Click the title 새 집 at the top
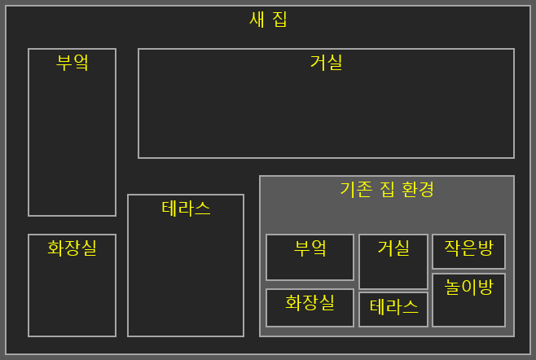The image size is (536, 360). (x=268, y=20)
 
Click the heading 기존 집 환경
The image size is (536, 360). (x=387, y=190)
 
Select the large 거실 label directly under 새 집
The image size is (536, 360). (x=326, y=63)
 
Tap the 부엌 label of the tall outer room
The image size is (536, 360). (x=72, y=63)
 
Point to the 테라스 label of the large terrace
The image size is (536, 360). (x=186, y=209)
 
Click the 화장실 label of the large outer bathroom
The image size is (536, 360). (x=72, y=248)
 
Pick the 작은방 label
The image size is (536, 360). (x=468, y=248)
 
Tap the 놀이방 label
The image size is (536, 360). (x=468, y=287)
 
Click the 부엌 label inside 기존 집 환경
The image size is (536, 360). (x=310, y=248)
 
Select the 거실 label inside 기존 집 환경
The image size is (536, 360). (x=393, y=248)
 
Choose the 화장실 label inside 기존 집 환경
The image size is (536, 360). (x=310, y=303)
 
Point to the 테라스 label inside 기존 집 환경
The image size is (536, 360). (x=393, y=307)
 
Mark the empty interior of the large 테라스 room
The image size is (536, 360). (x=186, y=277)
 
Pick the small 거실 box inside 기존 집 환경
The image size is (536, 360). (x=393, y=274)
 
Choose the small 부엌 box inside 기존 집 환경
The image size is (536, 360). (x=310, y=269)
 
